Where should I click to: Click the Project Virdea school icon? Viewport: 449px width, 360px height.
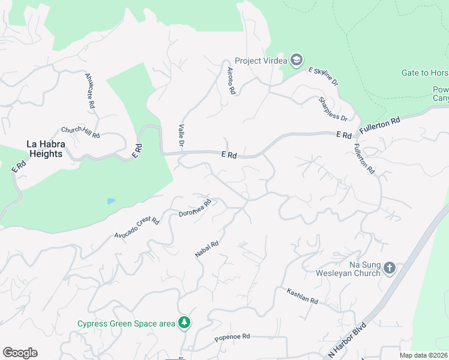pos(297,60)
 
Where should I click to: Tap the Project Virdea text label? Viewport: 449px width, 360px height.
pos(261,61)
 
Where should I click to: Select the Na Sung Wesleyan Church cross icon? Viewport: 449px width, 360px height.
pos(389,268)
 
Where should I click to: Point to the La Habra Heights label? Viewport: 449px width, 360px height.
pos(44,149)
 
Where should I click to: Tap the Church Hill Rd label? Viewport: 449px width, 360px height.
pos(80,132)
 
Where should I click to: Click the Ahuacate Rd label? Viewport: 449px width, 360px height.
pos(90,91)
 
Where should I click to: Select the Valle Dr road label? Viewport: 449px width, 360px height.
pos(181,136)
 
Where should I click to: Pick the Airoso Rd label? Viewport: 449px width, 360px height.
pos(230,80)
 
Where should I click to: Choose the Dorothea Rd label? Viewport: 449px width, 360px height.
pos(196,208)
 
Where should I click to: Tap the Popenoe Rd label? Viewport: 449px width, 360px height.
pos(232,337)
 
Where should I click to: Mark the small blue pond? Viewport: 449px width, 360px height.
pos(111,201)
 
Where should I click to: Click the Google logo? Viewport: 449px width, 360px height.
pos(20,353)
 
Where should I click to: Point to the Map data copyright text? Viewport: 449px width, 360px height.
pos(424,355)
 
